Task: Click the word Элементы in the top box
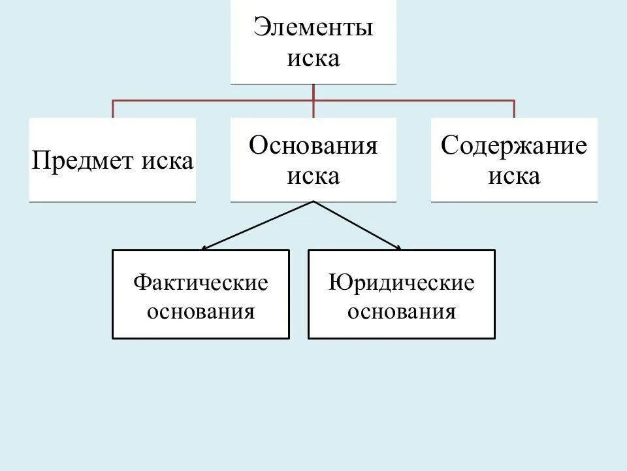(x=313, y=29)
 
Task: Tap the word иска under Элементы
(x=313, y=59)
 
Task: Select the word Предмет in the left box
(x=84, y=161)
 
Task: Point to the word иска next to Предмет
(x=167, y=161)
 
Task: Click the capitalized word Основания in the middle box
(x=313, y=145)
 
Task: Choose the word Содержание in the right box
(x=514, y=145)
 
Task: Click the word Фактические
(x=201, y=283)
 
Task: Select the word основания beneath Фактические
(x=201, y=311)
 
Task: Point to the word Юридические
(x=402, y=283)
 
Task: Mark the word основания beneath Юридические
(x=402, y=311)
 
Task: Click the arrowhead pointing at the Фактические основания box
(x=204, y=248)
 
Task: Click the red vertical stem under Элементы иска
(x=313, y=93)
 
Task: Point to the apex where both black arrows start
(x=313, y=201)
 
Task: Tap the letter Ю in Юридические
(x=336, y=283)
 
